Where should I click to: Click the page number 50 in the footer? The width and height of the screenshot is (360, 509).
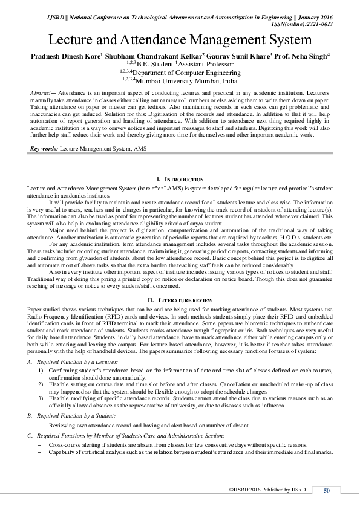[327, 490]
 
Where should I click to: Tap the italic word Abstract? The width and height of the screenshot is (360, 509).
[40, 92]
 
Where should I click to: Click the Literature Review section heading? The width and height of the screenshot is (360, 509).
[180, 300]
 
